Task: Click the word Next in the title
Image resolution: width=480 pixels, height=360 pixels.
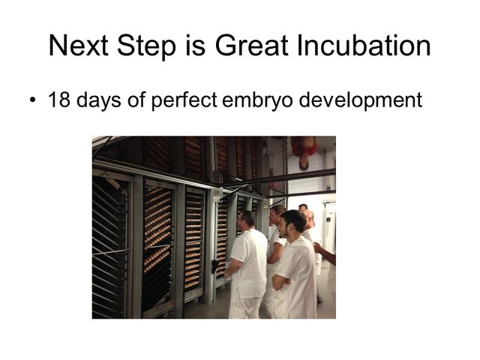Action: pos(78,45)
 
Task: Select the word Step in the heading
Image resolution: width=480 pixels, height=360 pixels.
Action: pos(146,47)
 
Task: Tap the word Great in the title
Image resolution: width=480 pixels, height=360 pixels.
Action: pos(252,45)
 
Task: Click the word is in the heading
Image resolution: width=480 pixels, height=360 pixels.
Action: pos(195,45)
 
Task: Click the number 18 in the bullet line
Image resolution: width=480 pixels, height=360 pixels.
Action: pos(59,100)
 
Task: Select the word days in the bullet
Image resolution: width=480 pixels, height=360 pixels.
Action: pos(98,100)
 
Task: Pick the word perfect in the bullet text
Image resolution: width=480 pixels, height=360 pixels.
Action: pos(184,100)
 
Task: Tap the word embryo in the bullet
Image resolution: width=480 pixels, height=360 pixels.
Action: pos(257,101)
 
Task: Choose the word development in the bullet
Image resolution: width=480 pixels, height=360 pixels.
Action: pos(361,100)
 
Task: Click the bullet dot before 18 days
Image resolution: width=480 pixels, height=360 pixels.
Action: pos(33,100)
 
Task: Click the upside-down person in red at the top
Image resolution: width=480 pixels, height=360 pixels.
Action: pos(304,152)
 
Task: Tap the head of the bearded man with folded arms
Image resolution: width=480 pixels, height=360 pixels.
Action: pos(293,223)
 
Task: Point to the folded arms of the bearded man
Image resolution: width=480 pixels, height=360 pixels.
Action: pos(282,280)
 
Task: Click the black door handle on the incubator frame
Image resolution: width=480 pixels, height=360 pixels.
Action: pos(214,266)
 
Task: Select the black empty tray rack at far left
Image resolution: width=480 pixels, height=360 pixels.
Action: pos(109,248)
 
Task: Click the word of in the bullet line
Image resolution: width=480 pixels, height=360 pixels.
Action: pos(136,99)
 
